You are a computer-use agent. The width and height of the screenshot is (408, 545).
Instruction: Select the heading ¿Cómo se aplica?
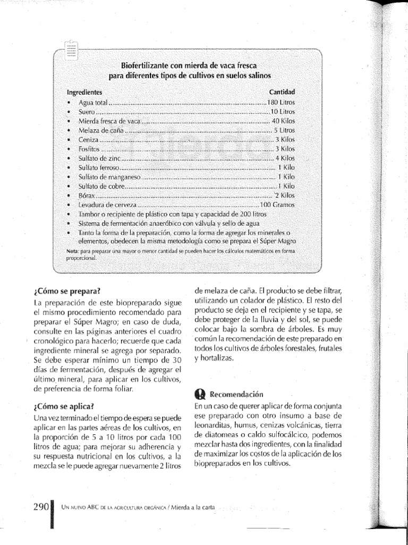pyautogui.click(x=64, y=406)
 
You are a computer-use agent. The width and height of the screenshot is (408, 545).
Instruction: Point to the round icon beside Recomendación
pyautogui.click(x=200, y=394)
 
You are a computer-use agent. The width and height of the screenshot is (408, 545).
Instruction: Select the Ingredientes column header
pyautogui.click(x=84, y=92)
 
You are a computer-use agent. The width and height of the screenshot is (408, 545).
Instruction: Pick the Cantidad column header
pyautogui.click(x=282, y=92)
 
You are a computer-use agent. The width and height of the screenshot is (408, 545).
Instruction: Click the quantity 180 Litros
pyautogui.click(x=281, y=102)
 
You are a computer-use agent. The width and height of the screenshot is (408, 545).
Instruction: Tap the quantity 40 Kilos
pyautogui.click(x=283, y=121)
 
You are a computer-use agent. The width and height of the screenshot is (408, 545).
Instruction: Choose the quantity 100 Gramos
pyautogui.click(x=277, y=204)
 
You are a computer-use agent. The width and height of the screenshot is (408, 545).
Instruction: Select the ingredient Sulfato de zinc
pyautogui.click(x=100, y=158)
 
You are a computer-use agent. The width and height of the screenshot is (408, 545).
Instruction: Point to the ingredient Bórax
pyautogui.click(x=86, y=195)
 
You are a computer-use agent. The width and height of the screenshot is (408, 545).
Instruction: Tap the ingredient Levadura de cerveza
pyautogui.click(x=107, y=204)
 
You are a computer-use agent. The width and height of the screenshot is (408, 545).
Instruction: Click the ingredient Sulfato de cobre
pyautogui.click(x=103, y=186)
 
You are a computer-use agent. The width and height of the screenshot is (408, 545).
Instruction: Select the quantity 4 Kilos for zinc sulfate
pyautogui.click(x=285, y=158)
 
